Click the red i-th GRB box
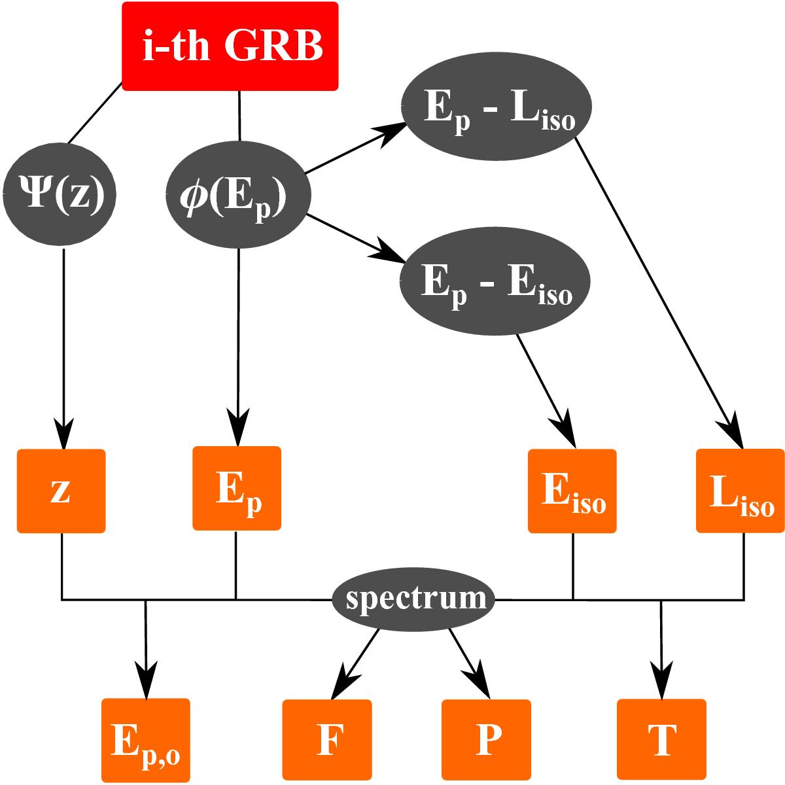[x=230, y=46]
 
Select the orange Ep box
[x=237, y=488]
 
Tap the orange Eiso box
[x=572, y=491]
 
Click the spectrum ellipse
[x=413, y=598]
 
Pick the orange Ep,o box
[x=145, y=740]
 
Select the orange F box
[x=326, y=740]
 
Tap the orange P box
[x=486, y=740]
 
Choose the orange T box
[x=661, y=740]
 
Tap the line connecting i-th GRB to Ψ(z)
[x=94, y=115]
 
